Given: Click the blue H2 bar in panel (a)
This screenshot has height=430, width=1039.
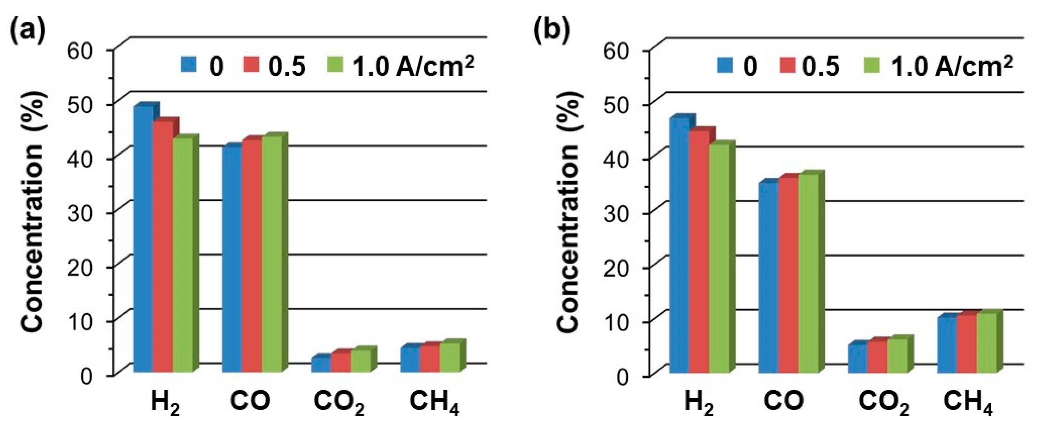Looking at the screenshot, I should click(x=143, y=238).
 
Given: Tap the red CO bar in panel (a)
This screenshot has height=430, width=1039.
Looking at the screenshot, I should click(x=252, y=254).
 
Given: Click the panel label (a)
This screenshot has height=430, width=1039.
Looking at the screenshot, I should click(x=27, y=30).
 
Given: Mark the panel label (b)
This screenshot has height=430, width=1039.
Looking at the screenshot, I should click(x=552, y=30).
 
